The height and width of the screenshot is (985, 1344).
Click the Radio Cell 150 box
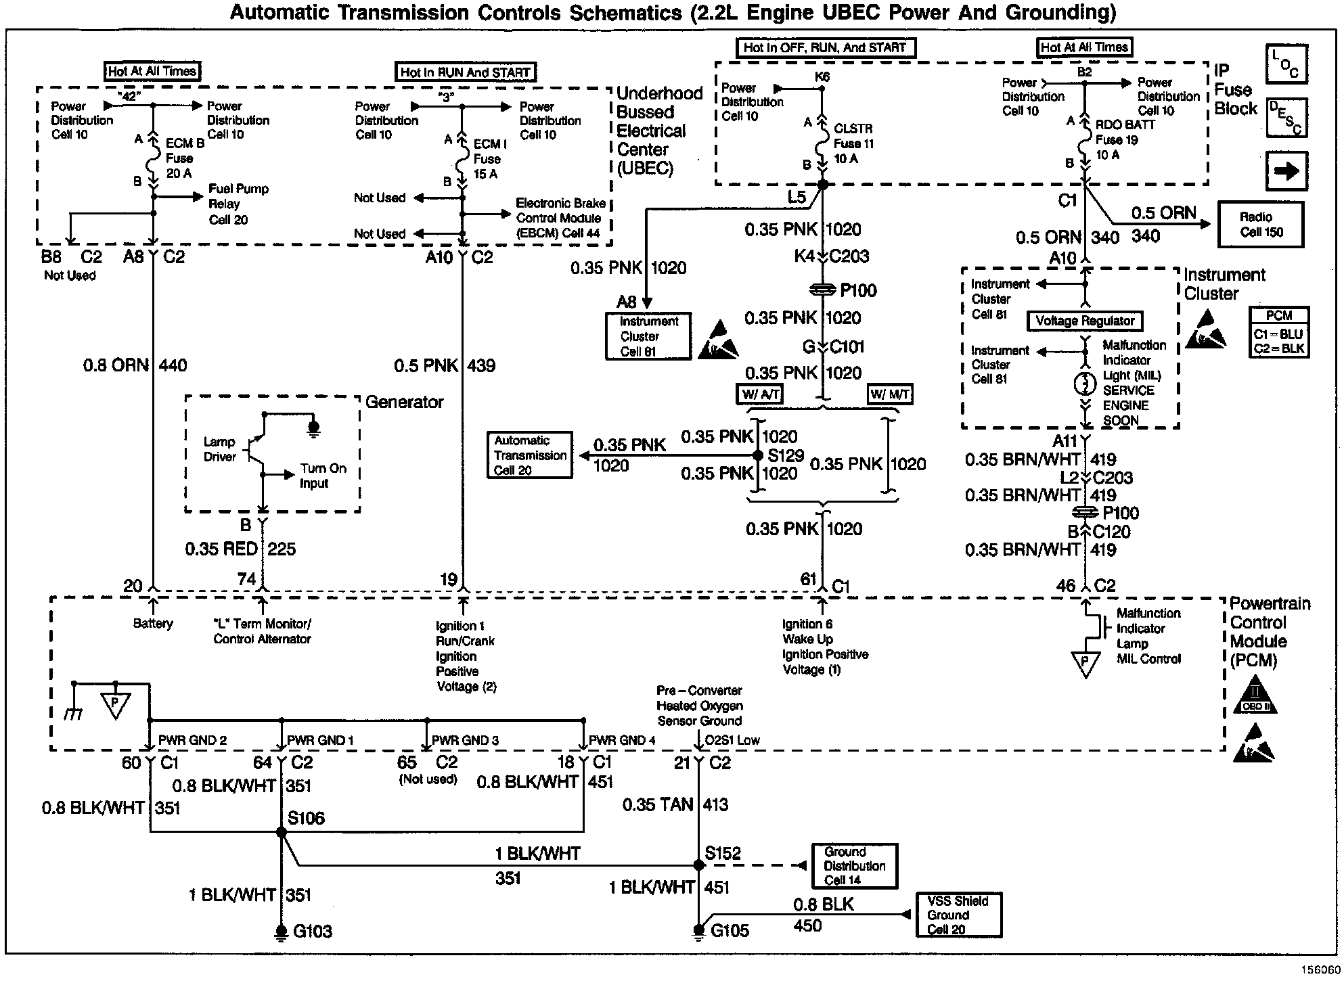pos(1260,225)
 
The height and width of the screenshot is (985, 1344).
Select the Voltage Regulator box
pos(1084,321)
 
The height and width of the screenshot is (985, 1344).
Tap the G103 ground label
pos(312,932)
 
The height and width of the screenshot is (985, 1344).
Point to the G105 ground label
pos(730,931)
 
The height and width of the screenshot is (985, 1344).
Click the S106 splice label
pos(306,819)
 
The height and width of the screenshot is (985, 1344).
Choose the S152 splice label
pos(723,854)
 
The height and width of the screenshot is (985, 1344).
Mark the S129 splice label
pos(786,455)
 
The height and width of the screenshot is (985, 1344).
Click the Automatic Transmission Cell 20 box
pos(529,455)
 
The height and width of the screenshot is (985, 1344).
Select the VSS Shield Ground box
pos(958,915)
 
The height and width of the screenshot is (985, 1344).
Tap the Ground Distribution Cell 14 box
pos(854,866)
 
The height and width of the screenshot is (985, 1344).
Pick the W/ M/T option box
pos(889,394)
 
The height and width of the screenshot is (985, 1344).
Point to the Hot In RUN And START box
pos(465,72)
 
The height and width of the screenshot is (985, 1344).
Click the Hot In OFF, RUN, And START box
pos(824,48)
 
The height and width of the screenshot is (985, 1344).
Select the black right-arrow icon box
pos(1286,171)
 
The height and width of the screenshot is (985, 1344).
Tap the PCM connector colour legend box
pos(1278,332)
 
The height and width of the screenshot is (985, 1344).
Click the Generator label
pos(404,402)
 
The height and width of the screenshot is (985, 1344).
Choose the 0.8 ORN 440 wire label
pos(135,365)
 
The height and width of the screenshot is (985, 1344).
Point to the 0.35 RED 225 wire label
pos(240,549)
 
